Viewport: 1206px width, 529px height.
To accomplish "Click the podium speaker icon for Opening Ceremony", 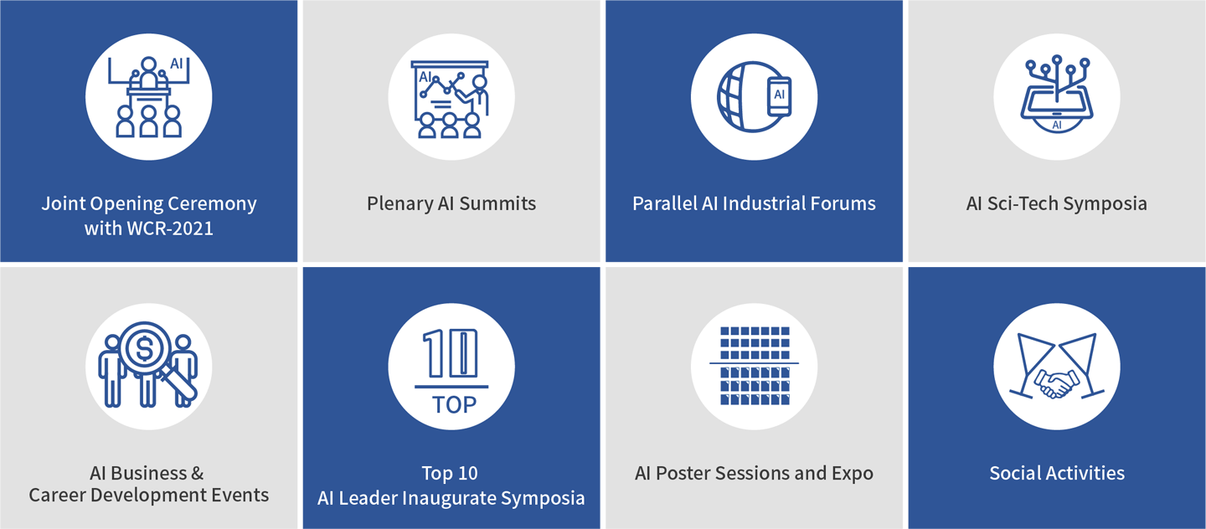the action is (x=148, y=97).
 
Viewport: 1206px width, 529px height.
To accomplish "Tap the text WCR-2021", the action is (x=169, y=229).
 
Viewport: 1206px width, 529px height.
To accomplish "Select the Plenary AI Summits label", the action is (x=451, y=203).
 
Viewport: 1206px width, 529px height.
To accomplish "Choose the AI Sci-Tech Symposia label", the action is (x=1056, y=203).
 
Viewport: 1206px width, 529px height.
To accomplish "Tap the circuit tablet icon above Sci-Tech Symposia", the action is (x=1057, y=94).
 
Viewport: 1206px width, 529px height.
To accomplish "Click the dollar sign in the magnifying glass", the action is (x=144, y=349).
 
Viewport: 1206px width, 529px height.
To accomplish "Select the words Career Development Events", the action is (x=148, y=495).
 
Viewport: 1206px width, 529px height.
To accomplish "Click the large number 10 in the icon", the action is (x=451, y=353).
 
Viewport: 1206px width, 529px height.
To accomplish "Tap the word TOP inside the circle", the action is (x=455, y=404).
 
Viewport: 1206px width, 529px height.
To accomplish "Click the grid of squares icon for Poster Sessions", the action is (x=755, y=366).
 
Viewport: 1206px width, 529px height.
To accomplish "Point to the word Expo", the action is (x=853, y=474).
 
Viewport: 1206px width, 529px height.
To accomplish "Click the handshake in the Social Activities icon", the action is (x=1056, y=383).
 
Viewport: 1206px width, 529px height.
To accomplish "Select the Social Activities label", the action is (x=1057, y=473).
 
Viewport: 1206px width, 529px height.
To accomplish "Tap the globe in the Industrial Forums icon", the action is (x=743, y=97).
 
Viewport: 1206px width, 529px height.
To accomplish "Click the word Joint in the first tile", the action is (x=64, y=203).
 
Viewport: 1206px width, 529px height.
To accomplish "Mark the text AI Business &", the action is (x=147, y=473).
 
